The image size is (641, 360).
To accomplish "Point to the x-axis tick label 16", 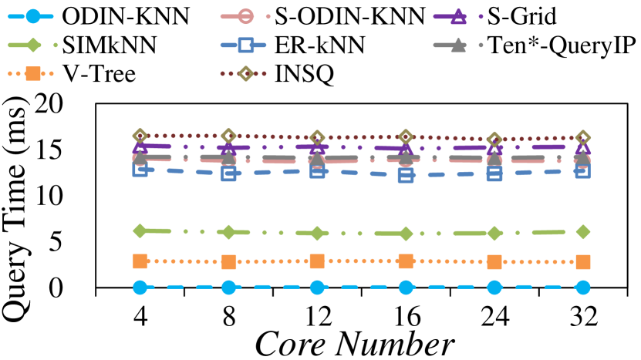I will point(406,314).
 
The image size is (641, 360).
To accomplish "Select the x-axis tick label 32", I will point(582,314).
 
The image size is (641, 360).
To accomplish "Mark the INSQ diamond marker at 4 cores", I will point(140,136).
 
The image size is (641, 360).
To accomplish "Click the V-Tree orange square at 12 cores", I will point(317,261).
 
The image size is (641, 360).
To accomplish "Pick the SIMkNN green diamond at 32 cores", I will point(583,231).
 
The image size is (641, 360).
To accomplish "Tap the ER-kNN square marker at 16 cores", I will point(406,176).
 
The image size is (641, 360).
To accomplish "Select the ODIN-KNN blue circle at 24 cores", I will point(494,288).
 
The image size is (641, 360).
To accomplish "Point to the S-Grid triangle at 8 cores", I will point(228,146).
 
